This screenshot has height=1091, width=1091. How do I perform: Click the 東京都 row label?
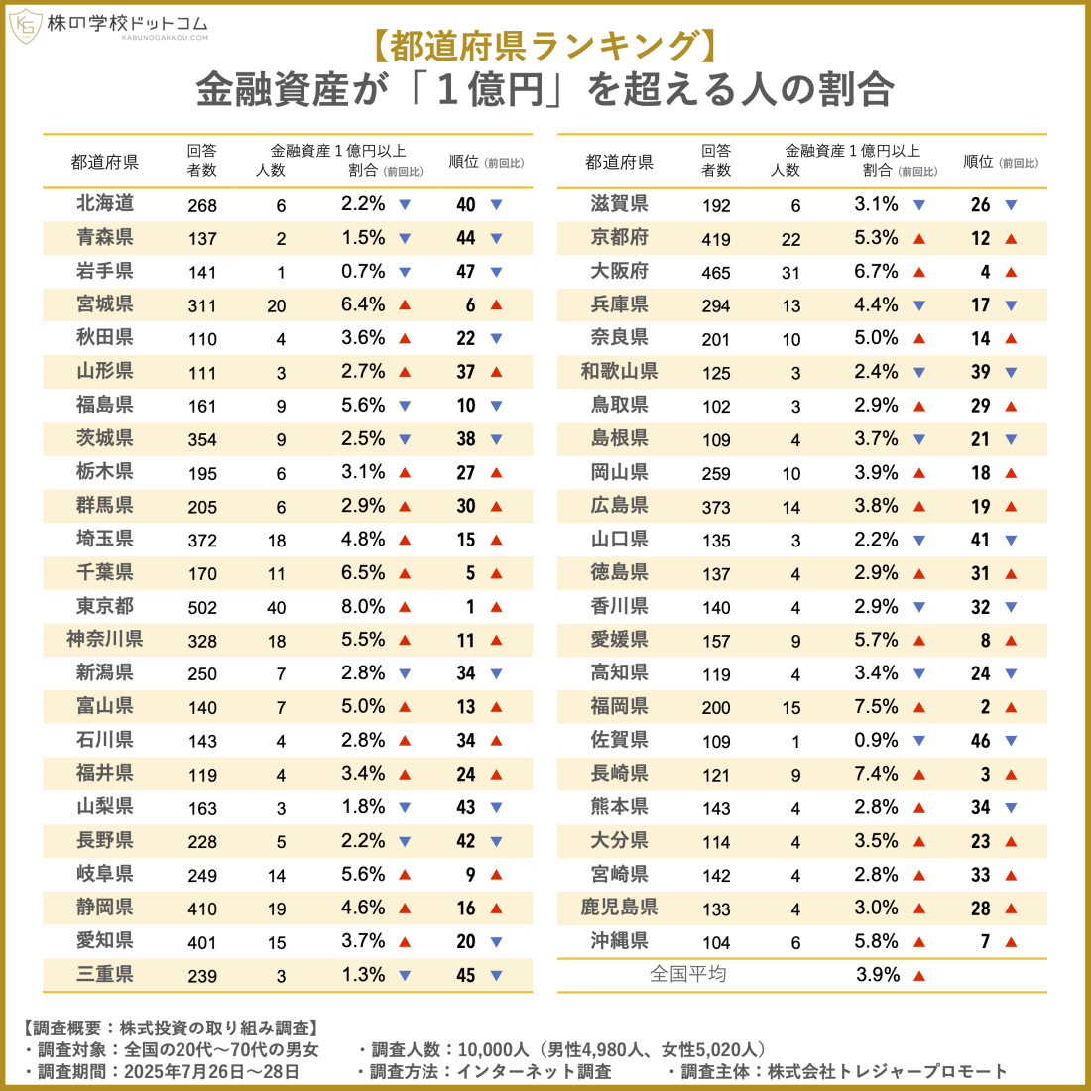tap(104, 606)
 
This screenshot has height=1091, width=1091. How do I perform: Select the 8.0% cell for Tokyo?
tap(363, 606)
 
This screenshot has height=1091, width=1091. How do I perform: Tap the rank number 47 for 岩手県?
tap(466, 271)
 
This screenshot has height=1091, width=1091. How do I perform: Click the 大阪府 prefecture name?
tap(619, 271)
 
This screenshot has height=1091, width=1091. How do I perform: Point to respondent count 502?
tap(202, 608)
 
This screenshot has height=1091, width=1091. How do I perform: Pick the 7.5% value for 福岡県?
tap(877, 707)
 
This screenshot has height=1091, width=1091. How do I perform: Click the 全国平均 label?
tap(687, 974)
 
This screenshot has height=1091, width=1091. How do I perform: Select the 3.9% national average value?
tap(877, 975)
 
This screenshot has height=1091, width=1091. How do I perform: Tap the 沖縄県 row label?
tap(619, 941)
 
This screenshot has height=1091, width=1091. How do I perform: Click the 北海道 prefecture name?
tap(104, 203)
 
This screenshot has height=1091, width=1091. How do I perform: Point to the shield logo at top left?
tap(24, 26)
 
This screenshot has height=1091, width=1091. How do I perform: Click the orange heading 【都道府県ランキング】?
tap(545, 47)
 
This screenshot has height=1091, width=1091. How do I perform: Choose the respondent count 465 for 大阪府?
tap(716, 273)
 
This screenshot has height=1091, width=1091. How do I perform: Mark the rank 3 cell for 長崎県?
tap(985, 774)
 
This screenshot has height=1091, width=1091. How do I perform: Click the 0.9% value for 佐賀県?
tap(877, 740)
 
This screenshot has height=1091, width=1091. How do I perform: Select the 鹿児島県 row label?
tap(619, 908)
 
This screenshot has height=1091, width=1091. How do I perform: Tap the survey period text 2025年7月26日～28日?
tap(210, 1072)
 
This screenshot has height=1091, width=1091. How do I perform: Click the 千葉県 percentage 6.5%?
tap(363, 572)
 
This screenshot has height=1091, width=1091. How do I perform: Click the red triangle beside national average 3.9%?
tap(919, 976)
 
